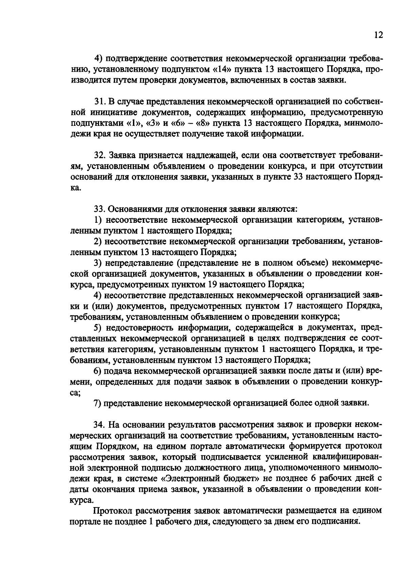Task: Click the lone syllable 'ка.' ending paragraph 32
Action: point(75,188)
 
